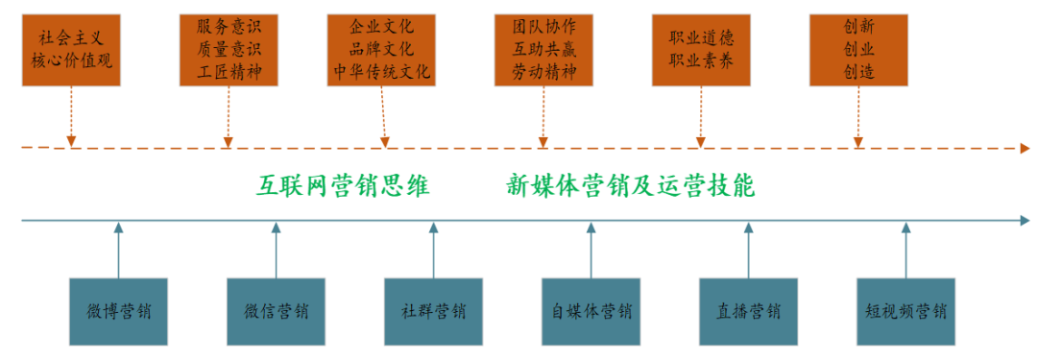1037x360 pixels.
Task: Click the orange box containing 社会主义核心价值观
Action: pyautogui.click(x=73, y=50)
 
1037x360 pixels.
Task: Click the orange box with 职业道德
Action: pyautogui.click(x=700, y=50)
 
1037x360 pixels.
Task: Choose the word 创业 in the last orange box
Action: pyautogui.click(x=858, y=50)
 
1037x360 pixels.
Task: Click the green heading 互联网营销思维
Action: pyautogui.click(x=343, y=186)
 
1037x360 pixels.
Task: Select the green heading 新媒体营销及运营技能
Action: pyautogui.click(x=631, y=186)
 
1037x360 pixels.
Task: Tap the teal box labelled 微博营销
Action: pyautogui.click(x=119, y=312)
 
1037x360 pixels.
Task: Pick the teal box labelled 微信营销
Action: pyautogui.click(x=276, y=312)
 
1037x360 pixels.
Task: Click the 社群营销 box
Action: pyautogui.click(x=433, y=312)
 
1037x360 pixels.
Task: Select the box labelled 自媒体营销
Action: pyautogui.click(x=591, y=312)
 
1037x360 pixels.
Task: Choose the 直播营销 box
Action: pyautogui.click(x=748, y=312)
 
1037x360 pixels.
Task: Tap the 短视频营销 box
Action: pyautogui.click(x=905, y=312)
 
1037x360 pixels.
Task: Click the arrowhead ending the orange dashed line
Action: pyautogui.click(x=1025, y=149)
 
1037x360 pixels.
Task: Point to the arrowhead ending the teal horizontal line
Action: pyautogui.click(x=1025, y=222)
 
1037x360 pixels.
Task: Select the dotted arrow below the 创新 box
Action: pyautogui.click(x=857, y=117)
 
